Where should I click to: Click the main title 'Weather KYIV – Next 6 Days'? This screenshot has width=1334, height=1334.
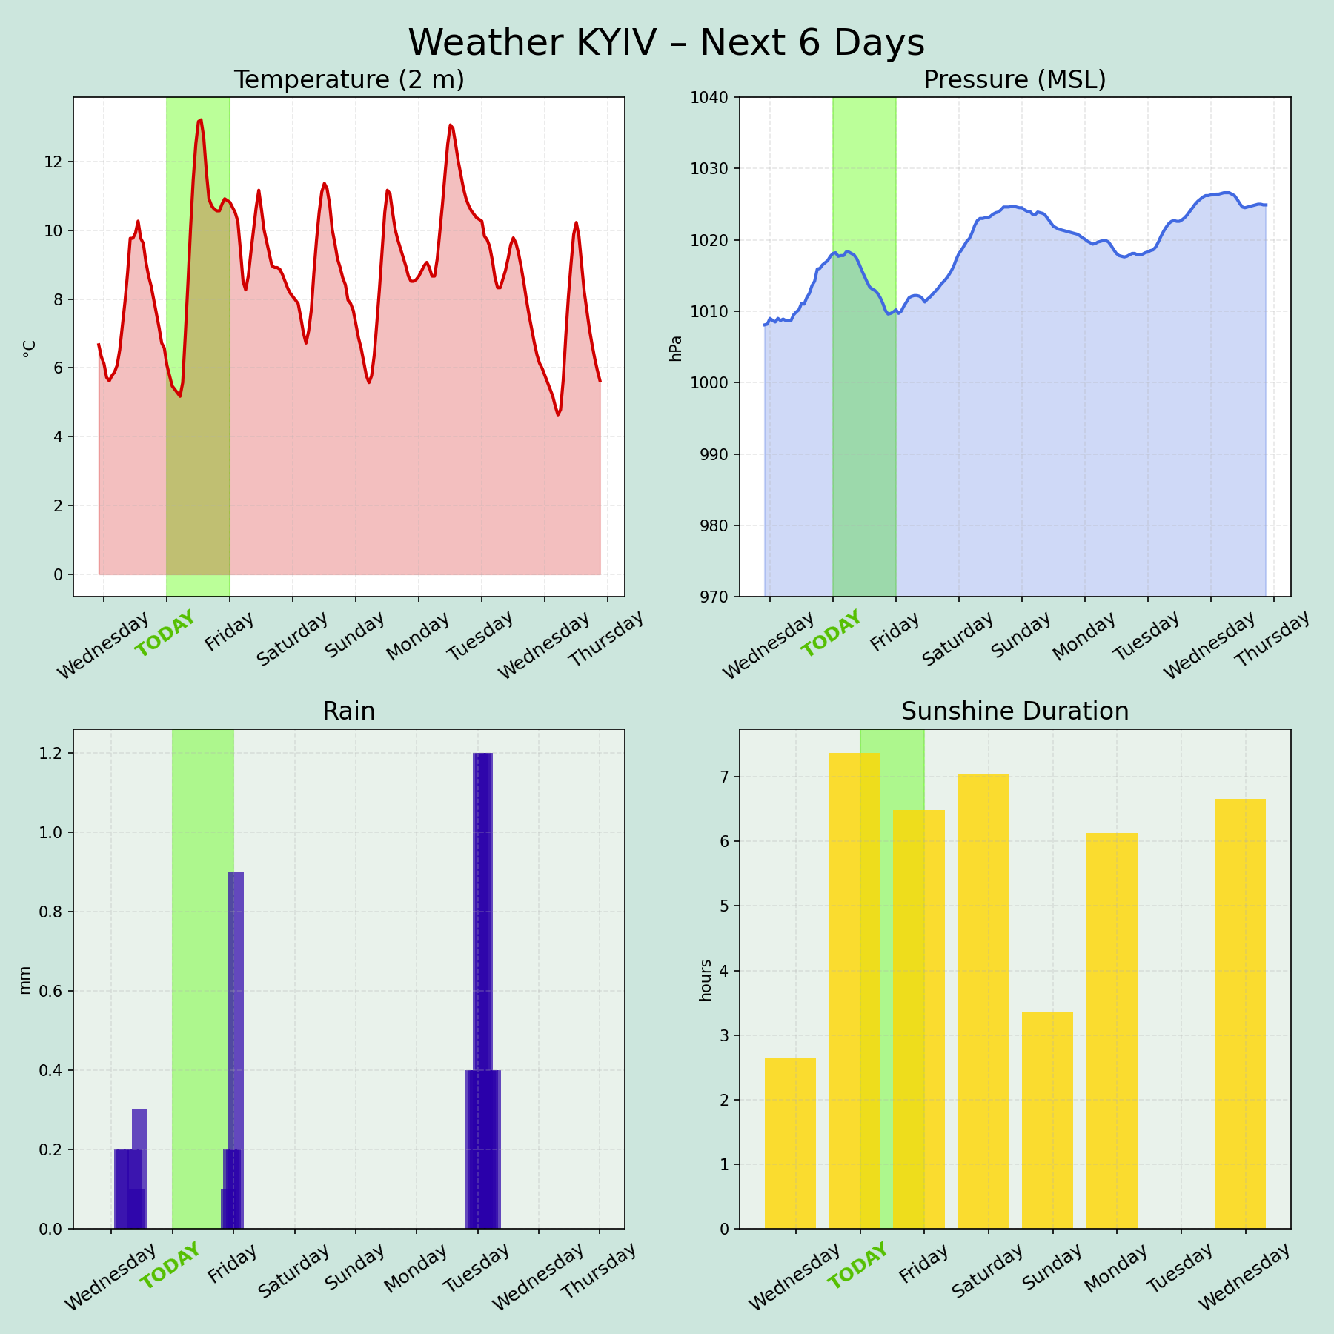click(666, 43)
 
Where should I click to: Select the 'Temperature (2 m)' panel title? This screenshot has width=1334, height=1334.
click(349, 80)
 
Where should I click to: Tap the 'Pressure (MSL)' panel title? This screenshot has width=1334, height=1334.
click(1015, 80)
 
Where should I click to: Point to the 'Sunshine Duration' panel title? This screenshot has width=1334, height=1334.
click(1015, 711)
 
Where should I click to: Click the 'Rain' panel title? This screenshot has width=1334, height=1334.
click(349, 711)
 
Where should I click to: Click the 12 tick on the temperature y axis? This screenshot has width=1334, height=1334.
click(53, 162)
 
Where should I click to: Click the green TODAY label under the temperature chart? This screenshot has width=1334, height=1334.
click(166, 634)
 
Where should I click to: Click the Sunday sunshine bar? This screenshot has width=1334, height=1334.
click(1047, 1119)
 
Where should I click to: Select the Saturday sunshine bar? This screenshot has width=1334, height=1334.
click(983, 1001)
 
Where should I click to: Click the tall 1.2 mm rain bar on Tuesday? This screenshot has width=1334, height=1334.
click(482, 904)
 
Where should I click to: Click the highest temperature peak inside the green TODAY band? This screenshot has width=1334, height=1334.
click(200, 121)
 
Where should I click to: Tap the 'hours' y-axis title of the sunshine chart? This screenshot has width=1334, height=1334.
click(706, 980)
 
